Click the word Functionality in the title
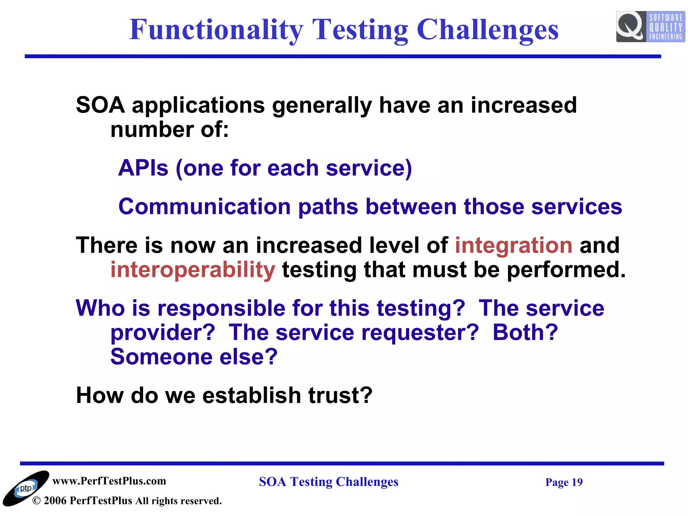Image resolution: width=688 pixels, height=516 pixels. click(216, 30)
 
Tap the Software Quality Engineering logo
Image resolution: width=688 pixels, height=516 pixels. click(650, 27)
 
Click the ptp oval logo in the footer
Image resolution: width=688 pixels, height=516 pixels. click(26, 488)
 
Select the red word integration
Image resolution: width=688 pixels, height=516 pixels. click(513, 245)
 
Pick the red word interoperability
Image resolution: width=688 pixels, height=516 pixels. click(193, 270)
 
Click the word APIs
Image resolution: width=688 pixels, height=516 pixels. click(143, 168)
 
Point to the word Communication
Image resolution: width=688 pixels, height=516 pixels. click(204, 206)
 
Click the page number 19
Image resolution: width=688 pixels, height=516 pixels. click(577, 482)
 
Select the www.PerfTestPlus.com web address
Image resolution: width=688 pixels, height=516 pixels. click(109, 481)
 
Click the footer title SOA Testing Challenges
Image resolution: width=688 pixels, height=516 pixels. click(328, 482)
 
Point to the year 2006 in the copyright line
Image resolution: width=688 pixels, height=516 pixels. click(55, 501)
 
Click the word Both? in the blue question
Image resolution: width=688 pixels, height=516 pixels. click(525, 333)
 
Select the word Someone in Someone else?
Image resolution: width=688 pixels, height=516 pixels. click(161, 357)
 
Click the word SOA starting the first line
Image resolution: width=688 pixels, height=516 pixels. click(100, 105)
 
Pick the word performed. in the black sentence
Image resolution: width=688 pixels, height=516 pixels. click(566, 270)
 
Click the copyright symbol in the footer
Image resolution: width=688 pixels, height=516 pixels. click(36, 501)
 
